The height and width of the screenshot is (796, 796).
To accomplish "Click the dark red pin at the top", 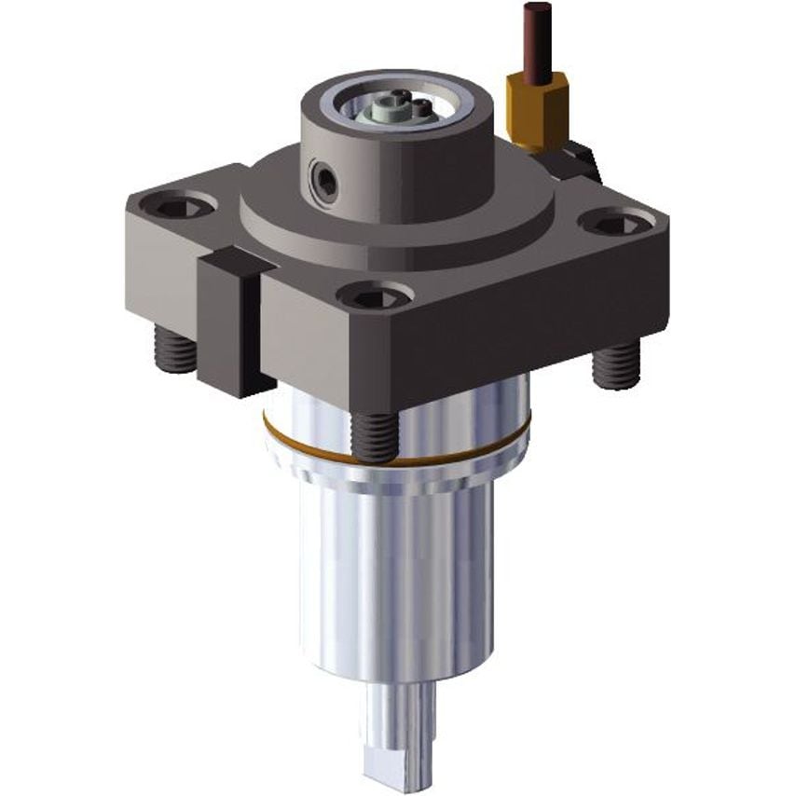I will coord(536,37).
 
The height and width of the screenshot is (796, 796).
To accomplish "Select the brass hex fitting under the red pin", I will coord(537,104).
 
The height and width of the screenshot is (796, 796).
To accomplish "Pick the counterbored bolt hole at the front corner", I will coord(375,297).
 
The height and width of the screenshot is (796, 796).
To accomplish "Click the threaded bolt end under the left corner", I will coord(175,352).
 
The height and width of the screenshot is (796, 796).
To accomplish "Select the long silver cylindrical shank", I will coord(396,578).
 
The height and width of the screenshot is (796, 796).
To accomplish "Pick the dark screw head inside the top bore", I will coord(421,107).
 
